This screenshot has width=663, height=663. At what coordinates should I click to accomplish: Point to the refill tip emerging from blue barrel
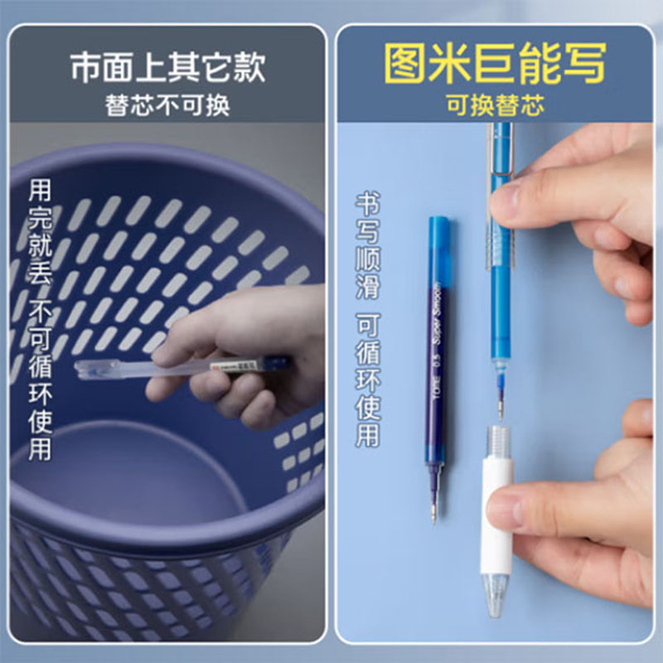(499, 398)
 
